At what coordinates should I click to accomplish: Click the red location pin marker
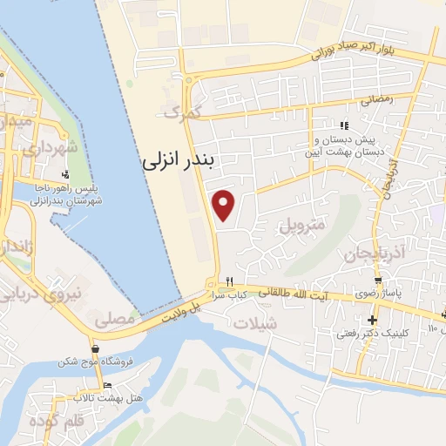point(225,206)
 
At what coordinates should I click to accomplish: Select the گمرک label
point(182,111)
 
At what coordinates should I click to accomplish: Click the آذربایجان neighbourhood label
point(352,253)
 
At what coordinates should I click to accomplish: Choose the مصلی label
point(119,320)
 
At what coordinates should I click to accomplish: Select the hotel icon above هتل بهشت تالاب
point(107,385)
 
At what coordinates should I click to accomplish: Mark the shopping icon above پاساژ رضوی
point(377,280)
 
